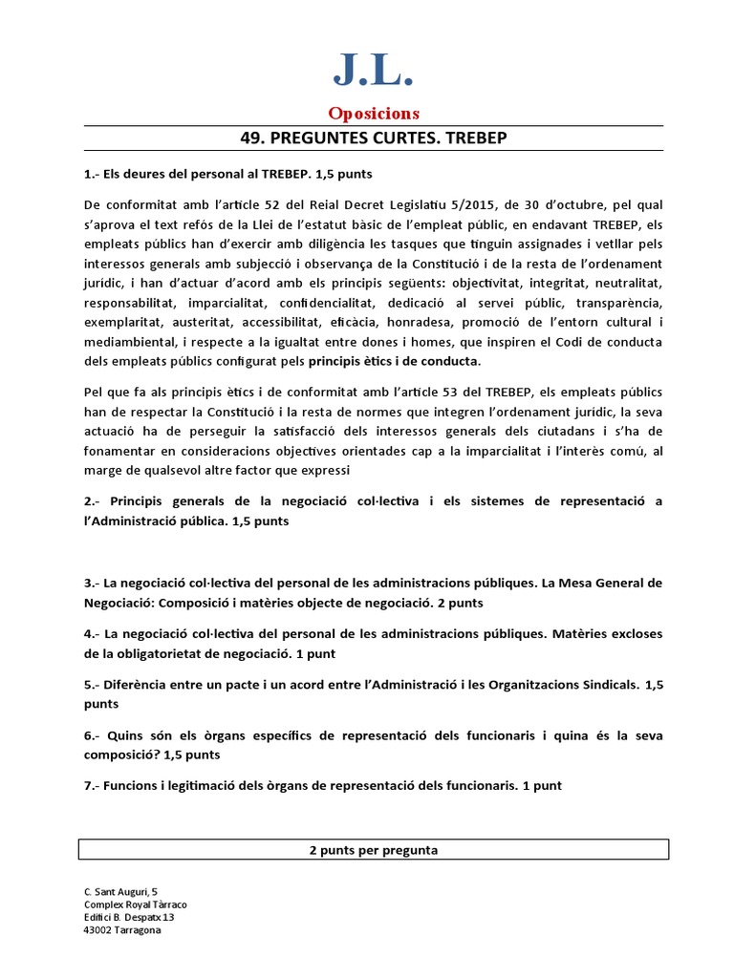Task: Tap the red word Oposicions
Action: [374, 114]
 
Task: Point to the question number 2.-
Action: [93, 501]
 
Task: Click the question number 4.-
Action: [93, 634]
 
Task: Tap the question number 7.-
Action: [93, 785]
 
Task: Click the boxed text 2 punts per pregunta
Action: [374, 850]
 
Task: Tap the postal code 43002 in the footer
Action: [99, 930]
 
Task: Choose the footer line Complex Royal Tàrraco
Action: [136, 904]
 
